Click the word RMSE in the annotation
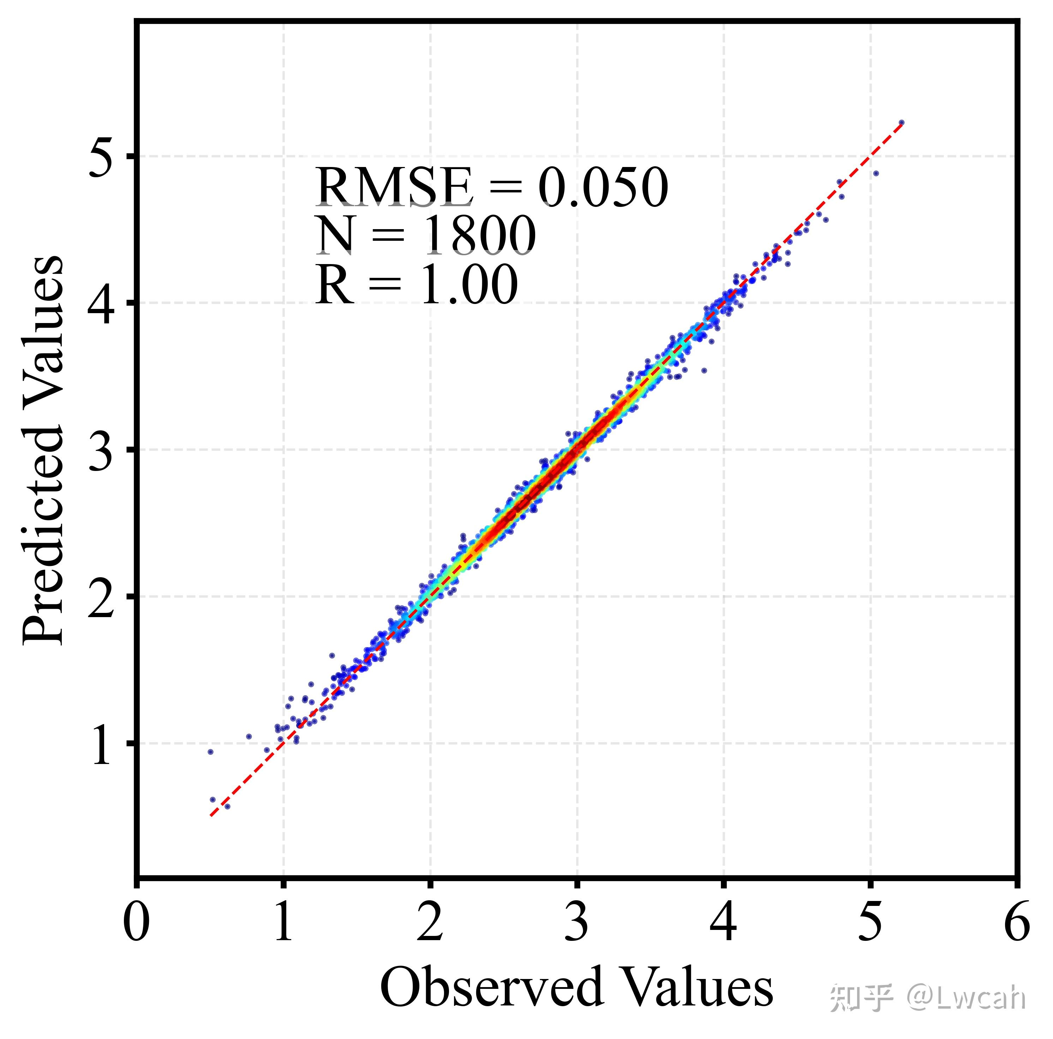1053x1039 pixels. click(394, 188)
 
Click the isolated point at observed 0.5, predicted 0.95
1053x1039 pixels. click(210, 752)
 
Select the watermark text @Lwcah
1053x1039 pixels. click(966, 998)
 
